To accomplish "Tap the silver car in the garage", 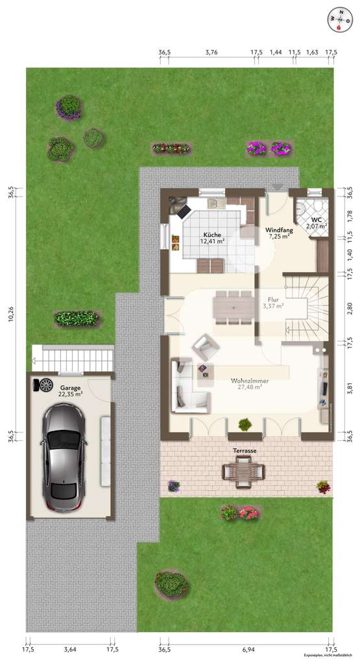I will click(64, 457).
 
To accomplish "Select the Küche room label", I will click(212, 235).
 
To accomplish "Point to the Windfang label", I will click(280, 230).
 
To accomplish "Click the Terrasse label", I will click(246, 450).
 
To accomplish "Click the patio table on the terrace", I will click(244, 470).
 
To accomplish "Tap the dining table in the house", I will click(234, 305).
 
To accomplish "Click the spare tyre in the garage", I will click(46, 385).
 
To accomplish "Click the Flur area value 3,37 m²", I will click(273, 307).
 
